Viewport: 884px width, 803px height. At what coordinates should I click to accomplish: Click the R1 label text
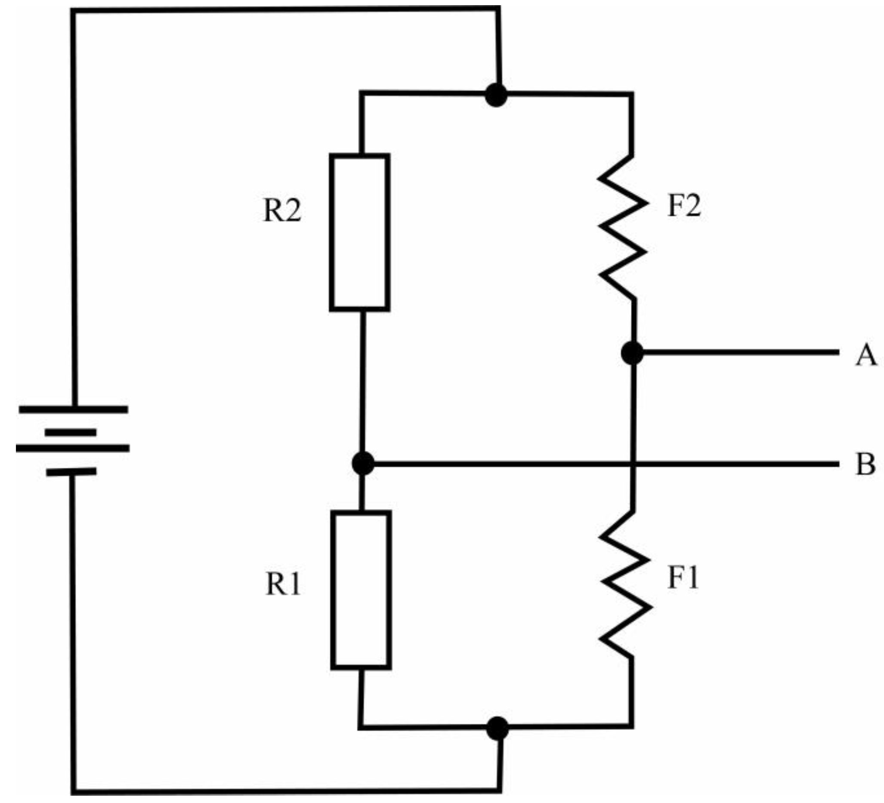[283, 584]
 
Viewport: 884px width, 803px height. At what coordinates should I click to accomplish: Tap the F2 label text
[684, 205]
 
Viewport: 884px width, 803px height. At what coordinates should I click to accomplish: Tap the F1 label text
[683, 578]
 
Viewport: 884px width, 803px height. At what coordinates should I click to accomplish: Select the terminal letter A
[866, 355]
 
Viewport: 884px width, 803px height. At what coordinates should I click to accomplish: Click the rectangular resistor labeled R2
[360, 232]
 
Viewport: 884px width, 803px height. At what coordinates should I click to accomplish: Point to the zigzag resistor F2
[623, 227]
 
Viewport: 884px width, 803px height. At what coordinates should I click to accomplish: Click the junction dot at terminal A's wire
[632, 352]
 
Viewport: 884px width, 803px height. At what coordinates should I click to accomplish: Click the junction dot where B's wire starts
[363, 463]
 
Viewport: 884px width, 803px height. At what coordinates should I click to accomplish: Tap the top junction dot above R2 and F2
[496, 95]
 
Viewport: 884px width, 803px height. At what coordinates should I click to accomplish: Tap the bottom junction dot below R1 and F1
[498, 729]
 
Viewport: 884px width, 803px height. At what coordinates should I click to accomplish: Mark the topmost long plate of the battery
[74, 410]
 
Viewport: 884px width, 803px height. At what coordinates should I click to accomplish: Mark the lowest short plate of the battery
[71, 473]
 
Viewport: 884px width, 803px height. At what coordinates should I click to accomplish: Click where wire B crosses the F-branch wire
[633, 463]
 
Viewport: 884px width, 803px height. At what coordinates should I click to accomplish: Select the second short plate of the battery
[70, 432]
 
